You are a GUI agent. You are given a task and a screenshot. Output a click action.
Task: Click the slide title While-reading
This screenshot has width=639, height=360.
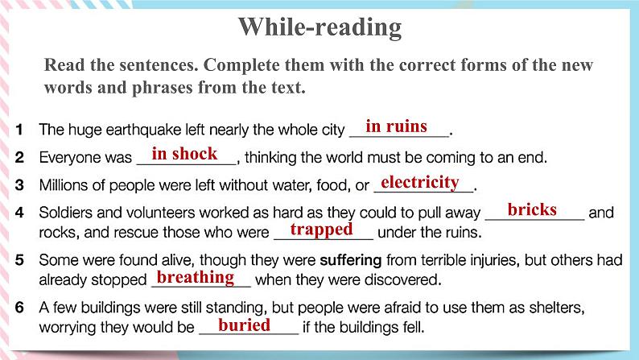tap(319, 27)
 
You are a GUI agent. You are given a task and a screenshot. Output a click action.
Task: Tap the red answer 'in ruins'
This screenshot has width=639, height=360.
tap(396, 126)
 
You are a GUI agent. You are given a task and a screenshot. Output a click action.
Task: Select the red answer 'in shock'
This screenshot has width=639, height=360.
tap(184, 154)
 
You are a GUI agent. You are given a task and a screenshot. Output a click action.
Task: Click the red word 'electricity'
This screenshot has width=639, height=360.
tap(419, 182)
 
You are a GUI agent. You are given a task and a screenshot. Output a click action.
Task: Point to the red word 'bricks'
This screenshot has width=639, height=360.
tap(532, 209)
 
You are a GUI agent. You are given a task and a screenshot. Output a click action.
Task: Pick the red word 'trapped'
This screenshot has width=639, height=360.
tap(321, 230)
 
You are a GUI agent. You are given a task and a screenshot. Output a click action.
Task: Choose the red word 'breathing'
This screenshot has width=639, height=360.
tap(195, 277)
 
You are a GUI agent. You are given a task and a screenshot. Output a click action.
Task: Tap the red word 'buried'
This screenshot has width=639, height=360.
tap(244, 325)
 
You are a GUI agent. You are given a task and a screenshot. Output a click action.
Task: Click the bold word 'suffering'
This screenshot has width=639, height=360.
tap(352, 261)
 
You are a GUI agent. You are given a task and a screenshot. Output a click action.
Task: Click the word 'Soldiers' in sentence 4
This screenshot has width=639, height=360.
tap(66, 213)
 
